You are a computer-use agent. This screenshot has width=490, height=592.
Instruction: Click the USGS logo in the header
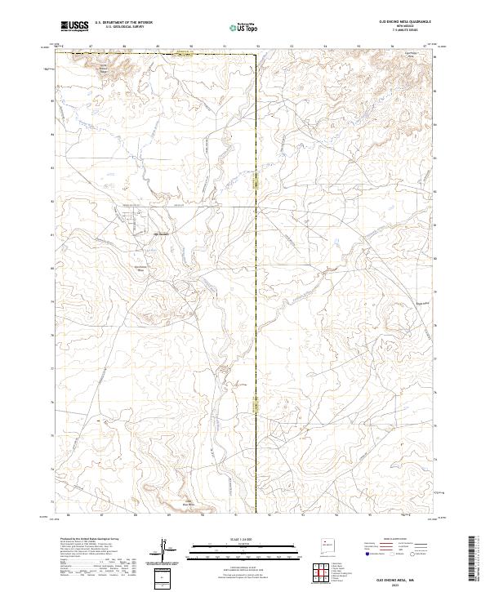tap(74, 26)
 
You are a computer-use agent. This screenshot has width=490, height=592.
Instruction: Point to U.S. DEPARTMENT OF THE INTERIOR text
tap(123, 23)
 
